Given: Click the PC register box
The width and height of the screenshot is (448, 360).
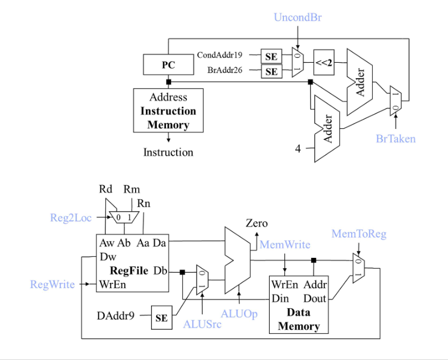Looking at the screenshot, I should (x=168, y=65).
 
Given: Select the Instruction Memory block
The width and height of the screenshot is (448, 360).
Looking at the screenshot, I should (x=168, y=110).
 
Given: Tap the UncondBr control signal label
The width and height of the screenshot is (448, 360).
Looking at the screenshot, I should (x=298, y=18).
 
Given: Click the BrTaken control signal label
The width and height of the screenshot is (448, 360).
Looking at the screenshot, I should (x=396, y=139).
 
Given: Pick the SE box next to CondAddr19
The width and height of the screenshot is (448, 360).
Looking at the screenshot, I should (x=271, y=56).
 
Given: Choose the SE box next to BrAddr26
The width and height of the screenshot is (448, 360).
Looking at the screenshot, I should (x=271, y=72).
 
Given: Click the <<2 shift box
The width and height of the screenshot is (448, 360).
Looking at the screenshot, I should (x=324, y=63).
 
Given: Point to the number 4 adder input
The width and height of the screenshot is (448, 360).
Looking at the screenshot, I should (x=298, y=149).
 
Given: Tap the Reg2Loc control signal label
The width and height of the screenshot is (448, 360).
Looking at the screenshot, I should (x=71, y=217).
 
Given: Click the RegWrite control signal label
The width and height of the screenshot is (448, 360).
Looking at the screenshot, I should (x=52, y=284).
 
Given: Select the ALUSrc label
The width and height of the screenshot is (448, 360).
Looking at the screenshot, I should (x=202, y=324).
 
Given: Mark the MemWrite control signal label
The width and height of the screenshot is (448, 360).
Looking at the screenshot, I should (x=285, y=245).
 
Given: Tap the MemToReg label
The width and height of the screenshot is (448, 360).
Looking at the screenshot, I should (x=359, y=234).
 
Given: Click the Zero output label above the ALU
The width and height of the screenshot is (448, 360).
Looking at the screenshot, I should (x=256, y=223).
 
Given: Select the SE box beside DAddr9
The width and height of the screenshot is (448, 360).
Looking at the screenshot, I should (x=161, y=318).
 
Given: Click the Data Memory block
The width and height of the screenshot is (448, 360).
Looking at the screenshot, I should (x=298, y=305).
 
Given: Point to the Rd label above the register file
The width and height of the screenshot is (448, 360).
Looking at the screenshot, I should (x=106, y=189).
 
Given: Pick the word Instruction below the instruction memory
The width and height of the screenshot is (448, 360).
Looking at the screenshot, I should (x=168, y=152).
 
